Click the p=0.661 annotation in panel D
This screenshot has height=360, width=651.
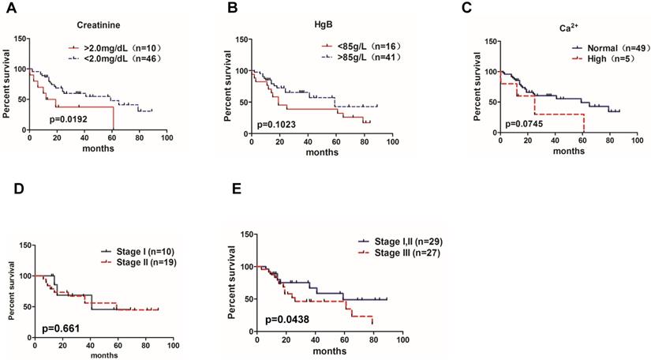tap(58, 325)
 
